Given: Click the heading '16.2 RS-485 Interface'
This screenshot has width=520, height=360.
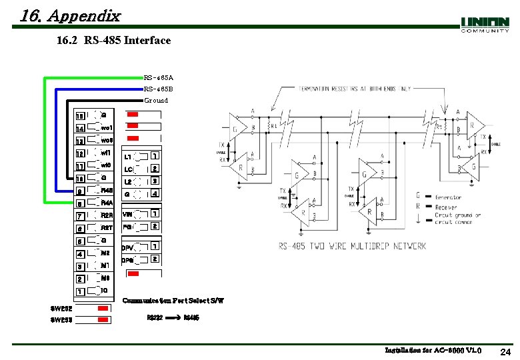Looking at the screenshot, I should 113,41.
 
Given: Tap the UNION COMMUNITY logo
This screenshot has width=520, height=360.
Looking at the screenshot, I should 485,25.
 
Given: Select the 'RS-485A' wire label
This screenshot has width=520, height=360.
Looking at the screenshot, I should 159,77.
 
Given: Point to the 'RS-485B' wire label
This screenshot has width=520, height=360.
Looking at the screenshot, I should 159,89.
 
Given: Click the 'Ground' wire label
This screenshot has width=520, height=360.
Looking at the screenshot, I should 156,100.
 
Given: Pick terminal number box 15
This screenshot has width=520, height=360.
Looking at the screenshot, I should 80,117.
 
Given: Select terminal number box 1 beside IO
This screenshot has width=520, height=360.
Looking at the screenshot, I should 80,292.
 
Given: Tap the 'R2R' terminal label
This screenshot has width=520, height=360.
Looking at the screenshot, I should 107,215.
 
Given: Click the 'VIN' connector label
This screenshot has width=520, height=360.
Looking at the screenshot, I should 127,215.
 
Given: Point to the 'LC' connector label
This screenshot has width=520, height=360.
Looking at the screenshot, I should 129,169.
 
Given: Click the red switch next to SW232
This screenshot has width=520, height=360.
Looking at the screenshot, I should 103,309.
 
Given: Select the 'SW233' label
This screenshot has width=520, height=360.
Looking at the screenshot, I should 61,321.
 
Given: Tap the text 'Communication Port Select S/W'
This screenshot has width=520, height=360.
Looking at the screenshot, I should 173,301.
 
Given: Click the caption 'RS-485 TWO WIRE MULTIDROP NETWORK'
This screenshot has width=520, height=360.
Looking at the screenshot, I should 352,246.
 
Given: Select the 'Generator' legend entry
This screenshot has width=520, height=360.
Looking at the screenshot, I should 449,197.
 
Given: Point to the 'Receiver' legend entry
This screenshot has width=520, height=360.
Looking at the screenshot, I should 447,207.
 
